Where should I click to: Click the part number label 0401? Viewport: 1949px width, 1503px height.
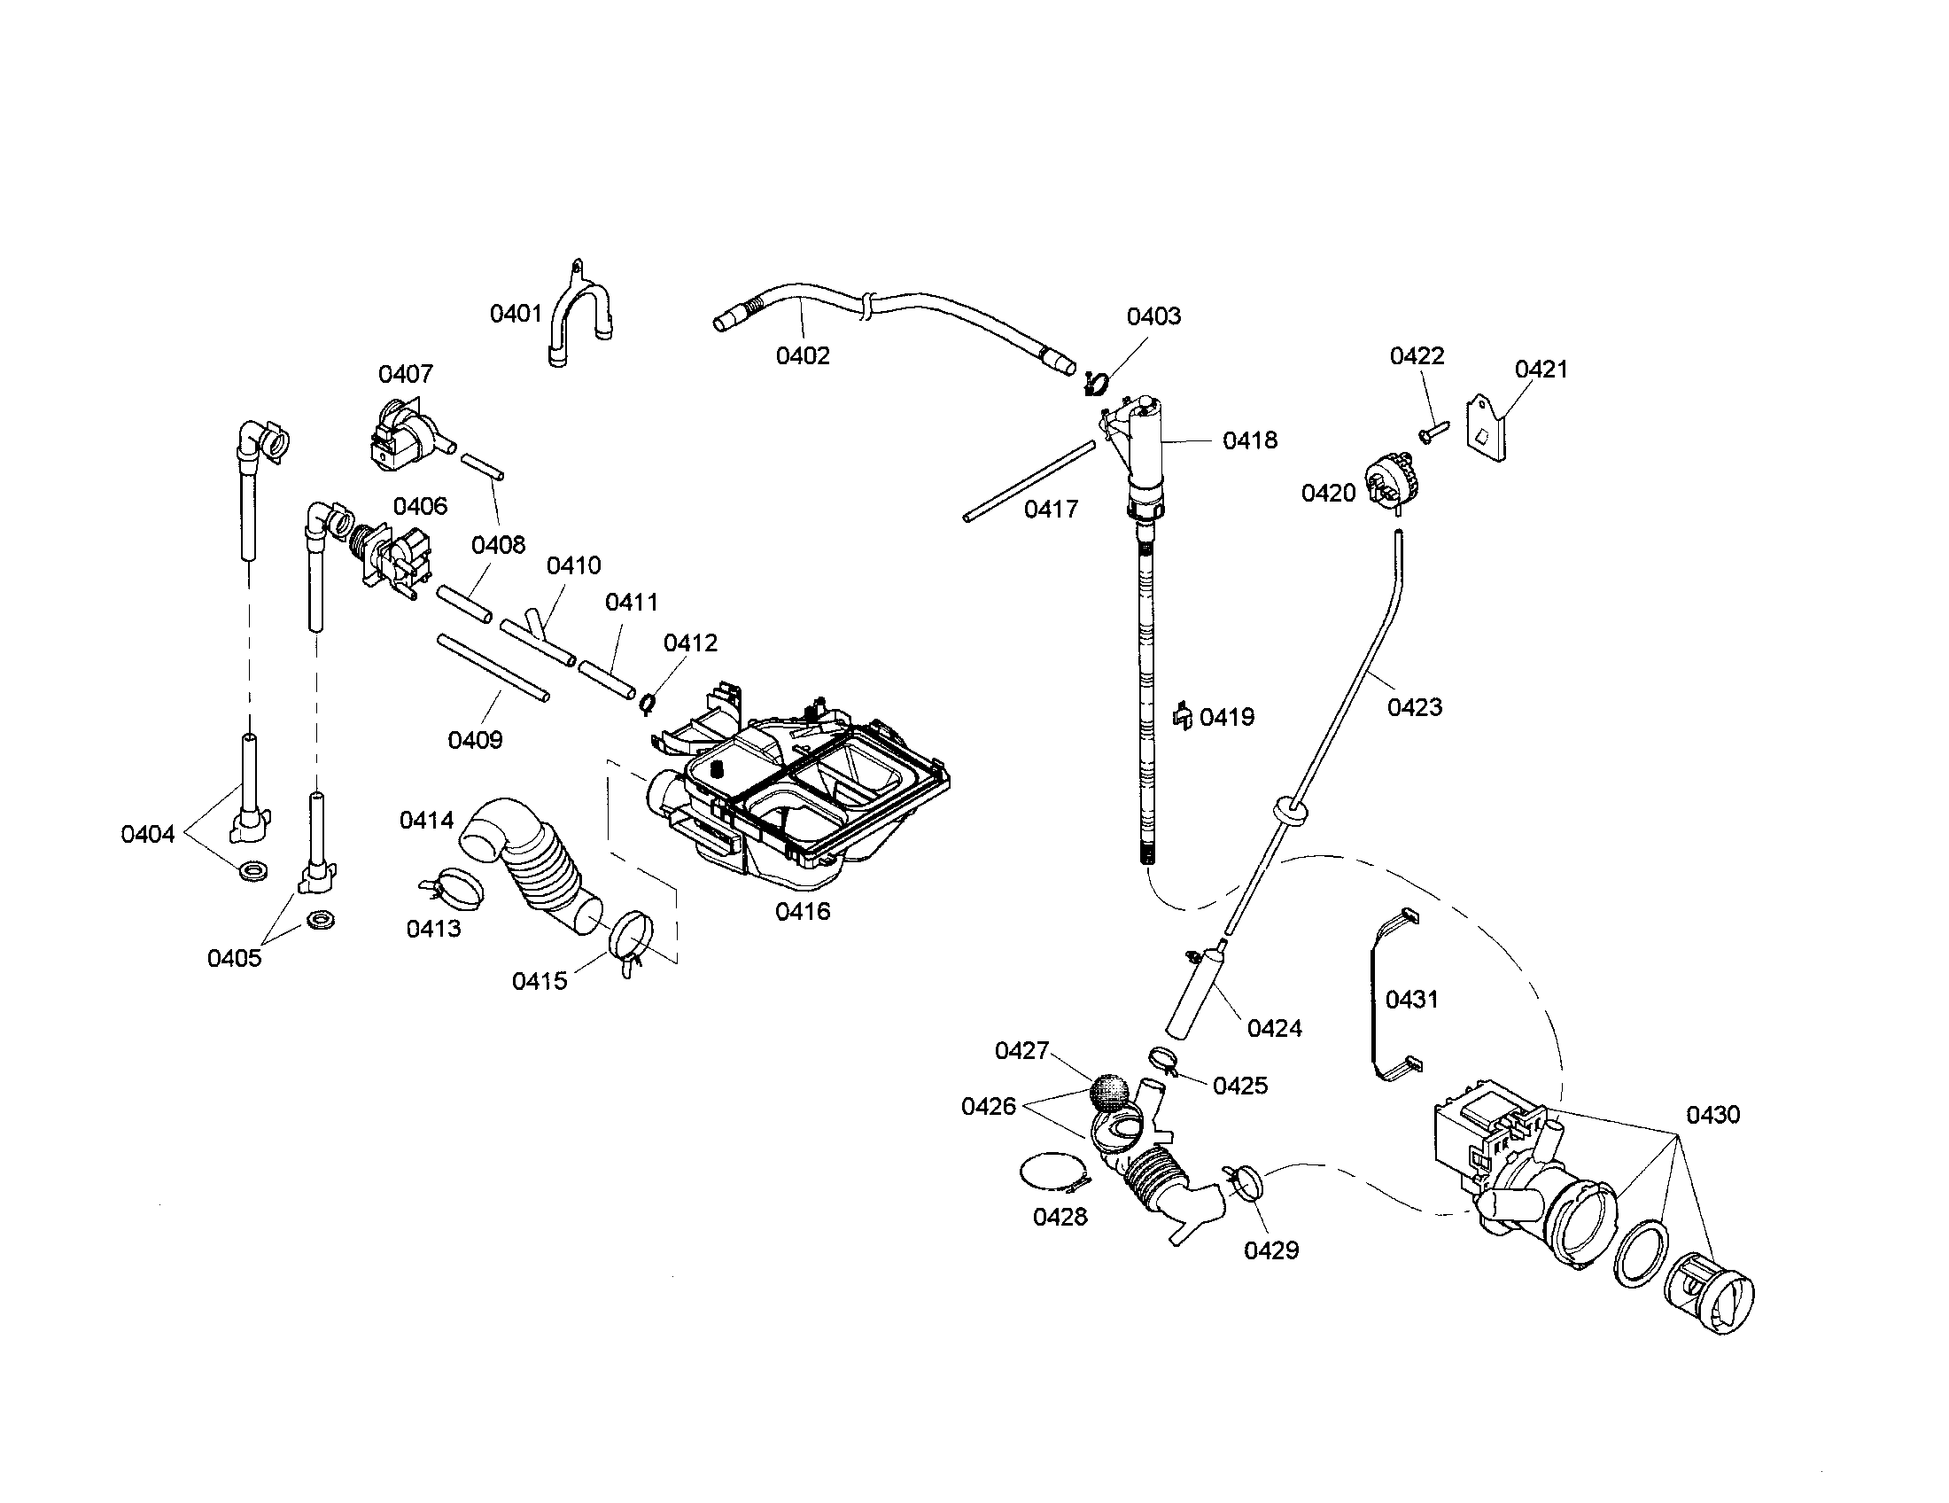tap(516, 314)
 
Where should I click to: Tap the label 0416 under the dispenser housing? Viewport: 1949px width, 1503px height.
tap(803, 911)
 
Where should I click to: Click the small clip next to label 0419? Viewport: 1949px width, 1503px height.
tap(1184, 716)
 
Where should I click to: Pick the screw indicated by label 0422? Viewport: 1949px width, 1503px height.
tap(1433, 432)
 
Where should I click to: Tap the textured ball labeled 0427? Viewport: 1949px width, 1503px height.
tap(1108, 1093)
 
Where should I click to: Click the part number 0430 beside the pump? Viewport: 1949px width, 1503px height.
tap(1712, 1114)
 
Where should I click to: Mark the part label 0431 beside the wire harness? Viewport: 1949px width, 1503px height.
tap(1412, 1000)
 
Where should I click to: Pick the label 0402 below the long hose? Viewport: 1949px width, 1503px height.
tap(803, 355)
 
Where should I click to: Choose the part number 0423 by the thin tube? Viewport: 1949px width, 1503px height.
tap(1415, 707)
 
